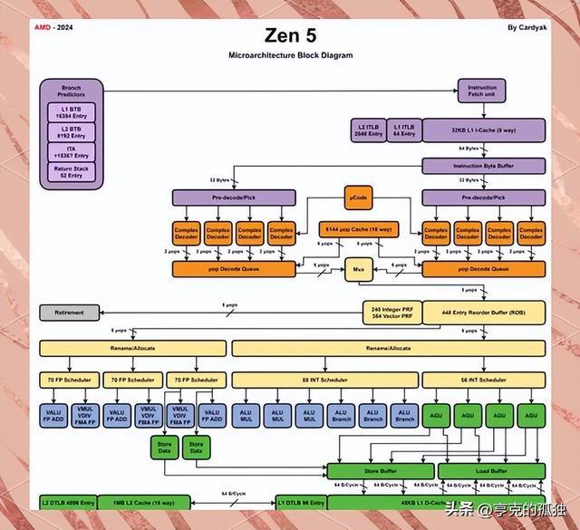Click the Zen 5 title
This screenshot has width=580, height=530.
click(290, 35)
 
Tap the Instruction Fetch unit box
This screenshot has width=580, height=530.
click(481, 91)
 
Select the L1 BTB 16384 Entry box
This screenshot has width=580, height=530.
click(72, 112)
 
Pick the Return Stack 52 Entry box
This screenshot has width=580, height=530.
click(72, 171)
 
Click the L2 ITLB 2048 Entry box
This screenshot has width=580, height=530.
click(369, 130)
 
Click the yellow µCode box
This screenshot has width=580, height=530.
click(356, 197)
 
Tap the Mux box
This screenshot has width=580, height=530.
click(357, 268)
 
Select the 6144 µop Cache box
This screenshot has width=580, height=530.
click(356, 229)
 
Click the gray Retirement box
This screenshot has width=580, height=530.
click(71, 313)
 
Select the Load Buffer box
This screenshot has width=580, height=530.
click(491, 471)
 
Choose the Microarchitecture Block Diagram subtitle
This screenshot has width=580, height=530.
click(290, 55)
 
